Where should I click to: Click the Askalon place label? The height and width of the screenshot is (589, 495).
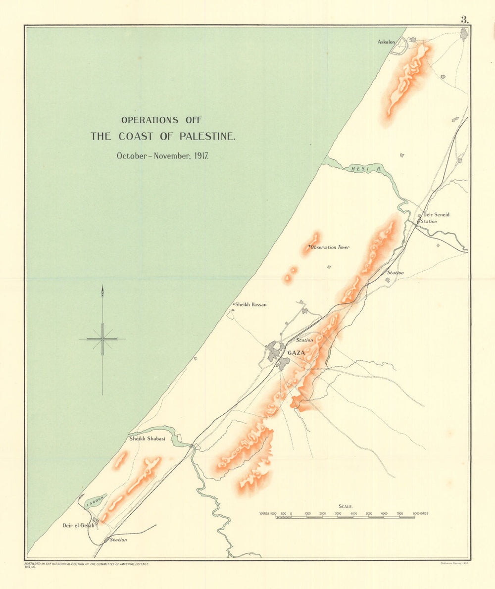(x=386, y=42)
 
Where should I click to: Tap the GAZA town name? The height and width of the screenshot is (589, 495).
(x=296, y=352)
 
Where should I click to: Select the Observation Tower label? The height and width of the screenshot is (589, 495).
(x=330, y=247)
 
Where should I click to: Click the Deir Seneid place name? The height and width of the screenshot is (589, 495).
(x=436, y=215)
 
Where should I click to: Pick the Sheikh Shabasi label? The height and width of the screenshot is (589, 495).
(x=147, y=439)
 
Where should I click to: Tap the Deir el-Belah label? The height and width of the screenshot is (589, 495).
(x=78, y=525)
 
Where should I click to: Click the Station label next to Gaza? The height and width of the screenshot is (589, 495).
(x=304, y=340)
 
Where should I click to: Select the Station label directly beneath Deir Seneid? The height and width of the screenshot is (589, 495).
(x=429, y=221)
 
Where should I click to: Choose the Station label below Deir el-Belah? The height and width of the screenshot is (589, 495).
(x=118, y=540)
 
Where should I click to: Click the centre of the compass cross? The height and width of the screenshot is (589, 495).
(x=102, y=339)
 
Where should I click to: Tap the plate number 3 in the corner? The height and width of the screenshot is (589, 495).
(x=464, y=20)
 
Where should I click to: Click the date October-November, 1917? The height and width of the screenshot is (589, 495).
(x=162, y=155)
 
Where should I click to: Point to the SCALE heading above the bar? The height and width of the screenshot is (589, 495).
(x=345, y=506)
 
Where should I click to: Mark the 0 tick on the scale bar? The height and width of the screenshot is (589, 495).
(x=291, y=514)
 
